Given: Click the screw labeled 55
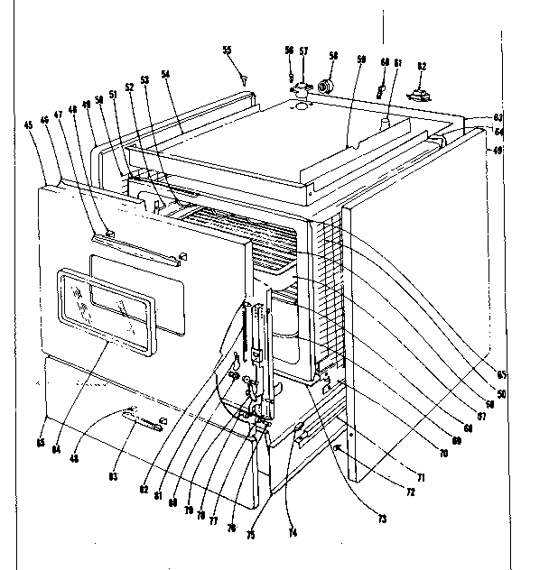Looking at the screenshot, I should (x=245, y=81).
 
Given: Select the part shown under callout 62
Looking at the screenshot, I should (x=420, y=95).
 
